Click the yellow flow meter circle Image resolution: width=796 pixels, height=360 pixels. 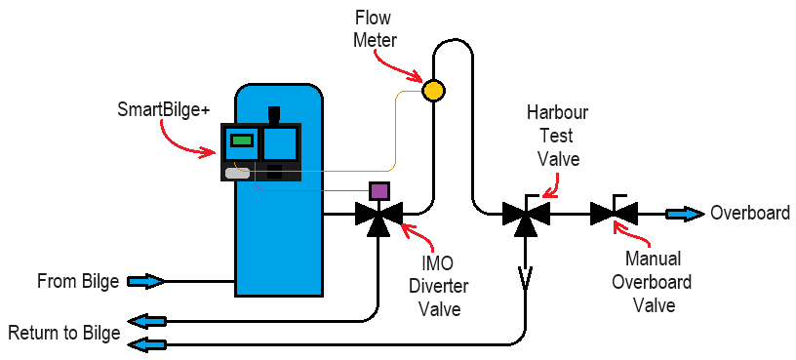tap(433, 91)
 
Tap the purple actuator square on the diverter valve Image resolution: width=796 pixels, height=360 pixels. tap(378, 190)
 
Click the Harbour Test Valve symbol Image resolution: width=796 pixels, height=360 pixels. tap(525, 214)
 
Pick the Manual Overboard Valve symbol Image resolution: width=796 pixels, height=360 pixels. tap(614, 213)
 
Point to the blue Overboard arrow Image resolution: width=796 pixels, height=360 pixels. tap(684, 214)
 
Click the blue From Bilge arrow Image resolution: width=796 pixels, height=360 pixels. tap(144, 282)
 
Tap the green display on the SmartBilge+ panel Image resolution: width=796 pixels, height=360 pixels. tap(241, 140)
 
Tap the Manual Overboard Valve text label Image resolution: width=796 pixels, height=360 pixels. tap(658, 283)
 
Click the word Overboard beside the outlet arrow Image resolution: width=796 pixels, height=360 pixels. tap(750, 214)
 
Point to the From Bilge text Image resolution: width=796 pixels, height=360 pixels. tap(78, 282)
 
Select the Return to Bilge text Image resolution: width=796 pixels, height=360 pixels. tap(64, 333)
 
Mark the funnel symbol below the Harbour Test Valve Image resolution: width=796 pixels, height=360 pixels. tap(525, 280)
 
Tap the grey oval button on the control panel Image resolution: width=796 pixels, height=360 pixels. tap(238, 174)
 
